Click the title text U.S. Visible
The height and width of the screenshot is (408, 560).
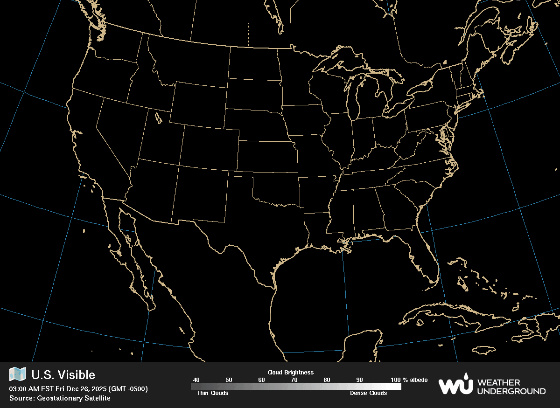coord(63,375)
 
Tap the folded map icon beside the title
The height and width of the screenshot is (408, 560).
coord(18,374)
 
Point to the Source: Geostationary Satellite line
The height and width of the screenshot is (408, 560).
coord(60,398)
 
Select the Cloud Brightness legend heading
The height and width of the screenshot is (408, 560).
coord(290,373)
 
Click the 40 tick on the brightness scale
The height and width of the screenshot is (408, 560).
coord(196,380)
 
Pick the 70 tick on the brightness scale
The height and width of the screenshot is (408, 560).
coord(294,380)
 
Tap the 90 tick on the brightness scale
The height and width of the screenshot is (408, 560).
coord(359,380)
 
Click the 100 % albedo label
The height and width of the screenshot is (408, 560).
coord(409,380)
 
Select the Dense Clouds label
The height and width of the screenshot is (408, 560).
coord(368,393)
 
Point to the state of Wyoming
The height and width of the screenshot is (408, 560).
coord(198,105)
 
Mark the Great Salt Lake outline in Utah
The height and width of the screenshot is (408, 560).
coord(158,118)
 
